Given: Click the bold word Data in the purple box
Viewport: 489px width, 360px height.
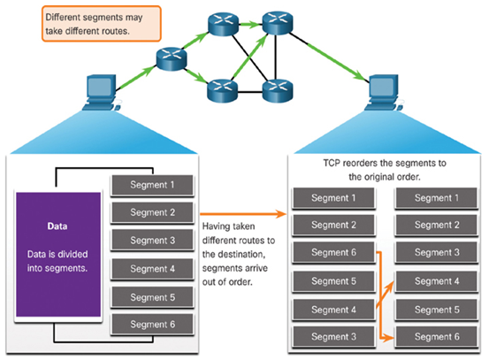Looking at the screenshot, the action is tap(57, 226).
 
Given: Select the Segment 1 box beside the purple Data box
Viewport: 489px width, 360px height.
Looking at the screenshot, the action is tap(152, 185).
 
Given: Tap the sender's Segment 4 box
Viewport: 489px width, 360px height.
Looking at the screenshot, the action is tap(152, 269).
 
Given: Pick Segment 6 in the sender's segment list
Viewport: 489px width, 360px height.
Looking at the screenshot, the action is tap(152, 325).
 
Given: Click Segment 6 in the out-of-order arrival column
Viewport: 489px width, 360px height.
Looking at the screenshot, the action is tap(333, 252).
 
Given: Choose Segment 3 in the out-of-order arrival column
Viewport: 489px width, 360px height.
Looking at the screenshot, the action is tap(333, 337).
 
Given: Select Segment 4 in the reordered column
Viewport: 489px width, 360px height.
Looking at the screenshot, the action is tap(437, 281).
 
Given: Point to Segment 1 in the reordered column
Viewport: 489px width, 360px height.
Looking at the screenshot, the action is tap(437, 198).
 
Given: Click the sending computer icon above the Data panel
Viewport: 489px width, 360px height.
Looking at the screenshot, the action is tap(102, 92).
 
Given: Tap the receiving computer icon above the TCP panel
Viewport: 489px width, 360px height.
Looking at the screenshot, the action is tap(383, 92).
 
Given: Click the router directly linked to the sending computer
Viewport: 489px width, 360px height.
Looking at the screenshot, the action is tap(172, 59).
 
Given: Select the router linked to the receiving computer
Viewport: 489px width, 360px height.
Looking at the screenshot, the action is tap(278, 22).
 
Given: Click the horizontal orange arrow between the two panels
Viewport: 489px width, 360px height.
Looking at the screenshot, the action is tap(243, 214).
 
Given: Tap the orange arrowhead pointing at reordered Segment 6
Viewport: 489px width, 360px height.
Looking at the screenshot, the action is tap(389, 338).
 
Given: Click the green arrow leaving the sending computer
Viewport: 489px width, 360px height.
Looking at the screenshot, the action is tap(136, 77).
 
